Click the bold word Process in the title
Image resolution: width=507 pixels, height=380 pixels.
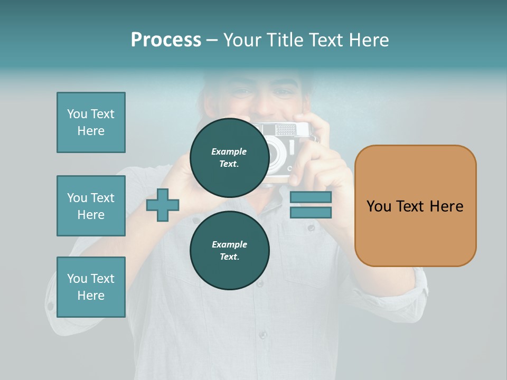[x=166, y=40]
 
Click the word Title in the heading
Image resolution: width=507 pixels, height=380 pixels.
[x=284, y=40]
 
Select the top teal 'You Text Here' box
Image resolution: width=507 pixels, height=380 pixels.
[x=91, y=122]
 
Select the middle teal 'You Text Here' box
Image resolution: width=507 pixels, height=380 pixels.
[x=91, y=206]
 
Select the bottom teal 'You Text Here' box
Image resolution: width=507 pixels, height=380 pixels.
[x=91, y=287]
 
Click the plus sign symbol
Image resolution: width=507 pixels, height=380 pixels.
[x=163, y=205]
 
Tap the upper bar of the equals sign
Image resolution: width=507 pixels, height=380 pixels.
[x=311, y=197]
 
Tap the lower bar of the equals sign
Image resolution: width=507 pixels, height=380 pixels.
[x=311, y=212]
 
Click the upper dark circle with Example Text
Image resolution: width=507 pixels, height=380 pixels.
[x=229, y=157]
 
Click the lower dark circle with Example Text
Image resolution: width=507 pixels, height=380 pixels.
[x=229, y=250]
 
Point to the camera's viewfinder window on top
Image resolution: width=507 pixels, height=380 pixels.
[x=286, y=129]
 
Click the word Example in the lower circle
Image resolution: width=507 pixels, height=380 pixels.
[x=229, y=244]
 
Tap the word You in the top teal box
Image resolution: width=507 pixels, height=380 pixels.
[x=77, y=114]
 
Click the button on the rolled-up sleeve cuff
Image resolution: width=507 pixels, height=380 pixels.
[x=50, y=306]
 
